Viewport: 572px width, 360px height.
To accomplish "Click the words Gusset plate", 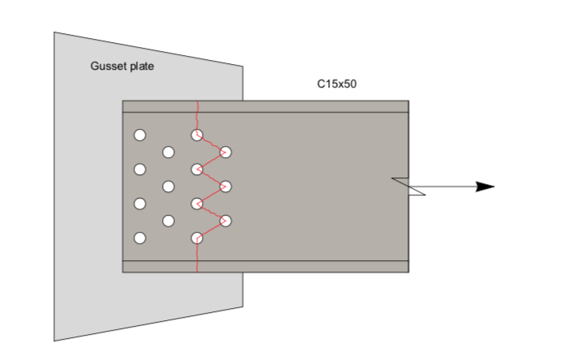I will tap(122, 66).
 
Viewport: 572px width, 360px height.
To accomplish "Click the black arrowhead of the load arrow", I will tap(484, 186).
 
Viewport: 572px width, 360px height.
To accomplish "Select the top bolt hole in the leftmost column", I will tap(139, 135).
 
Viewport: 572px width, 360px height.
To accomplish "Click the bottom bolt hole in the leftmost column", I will tap(139, 238).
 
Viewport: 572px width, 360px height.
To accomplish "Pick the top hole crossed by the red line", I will tap(197, 135).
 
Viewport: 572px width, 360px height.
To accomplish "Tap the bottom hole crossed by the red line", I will tap(197, 238).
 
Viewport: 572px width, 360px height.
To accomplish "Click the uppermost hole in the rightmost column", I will tap(226, 152).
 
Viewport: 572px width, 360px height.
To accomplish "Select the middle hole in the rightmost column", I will tap(226, 186).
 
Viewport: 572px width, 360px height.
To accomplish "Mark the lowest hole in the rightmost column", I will tap(226, 221).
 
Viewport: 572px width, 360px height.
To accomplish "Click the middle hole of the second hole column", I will tap(169, 186).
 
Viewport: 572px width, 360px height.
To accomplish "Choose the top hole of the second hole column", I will tap(169, 152).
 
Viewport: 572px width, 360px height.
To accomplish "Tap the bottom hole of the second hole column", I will tap(169, 221).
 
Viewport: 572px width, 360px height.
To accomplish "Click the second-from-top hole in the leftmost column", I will tap(139, 169).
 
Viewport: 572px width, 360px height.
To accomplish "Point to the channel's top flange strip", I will tap(308, 106).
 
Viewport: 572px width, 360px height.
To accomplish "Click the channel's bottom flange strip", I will tap(308, 267).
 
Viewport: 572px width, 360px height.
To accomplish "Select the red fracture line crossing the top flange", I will tap(198, 106).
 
